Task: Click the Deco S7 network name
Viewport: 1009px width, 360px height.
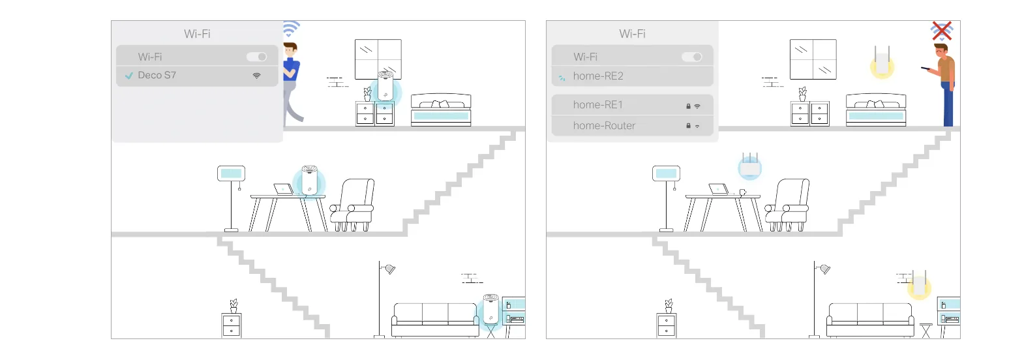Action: [157, 75]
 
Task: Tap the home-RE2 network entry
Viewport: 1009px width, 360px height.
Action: [632, 76]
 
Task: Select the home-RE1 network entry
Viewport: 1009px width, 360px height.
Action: [632, 105]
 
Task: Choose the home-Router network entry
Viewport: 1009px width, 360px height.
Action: [632, 126]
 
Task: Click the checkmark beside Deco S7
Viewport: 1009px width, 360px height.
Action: [129, 76]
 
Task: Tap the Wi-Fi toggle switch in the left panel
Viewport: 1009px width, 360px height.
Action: [257, 57]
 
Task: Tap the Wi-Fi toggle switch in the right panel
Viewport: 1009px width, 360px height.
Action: [692, 57]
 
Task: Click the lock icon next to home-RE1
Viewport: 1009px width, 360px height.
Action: [688, 106]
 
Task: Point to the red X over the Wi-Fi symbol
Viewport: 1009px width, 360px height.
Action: [942, 31]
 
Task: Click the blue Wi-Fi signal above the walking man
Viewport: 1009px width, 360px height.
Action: [291, 28]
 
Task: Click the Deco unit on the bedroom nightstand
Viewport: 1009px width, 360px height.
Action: [385, 85]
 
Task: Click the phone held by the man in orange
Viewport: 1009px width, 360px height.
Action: [926, 68]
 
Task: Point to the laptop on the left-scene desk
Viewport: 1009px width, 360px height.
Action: [283, 188]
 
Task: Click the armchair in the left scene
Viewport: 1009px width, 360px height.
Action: [352, 205]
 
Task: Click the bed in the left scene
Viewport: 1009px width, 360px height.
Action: [441, 110]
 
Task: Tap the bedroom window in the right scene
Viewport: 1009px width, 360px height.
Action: [813, 59]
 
